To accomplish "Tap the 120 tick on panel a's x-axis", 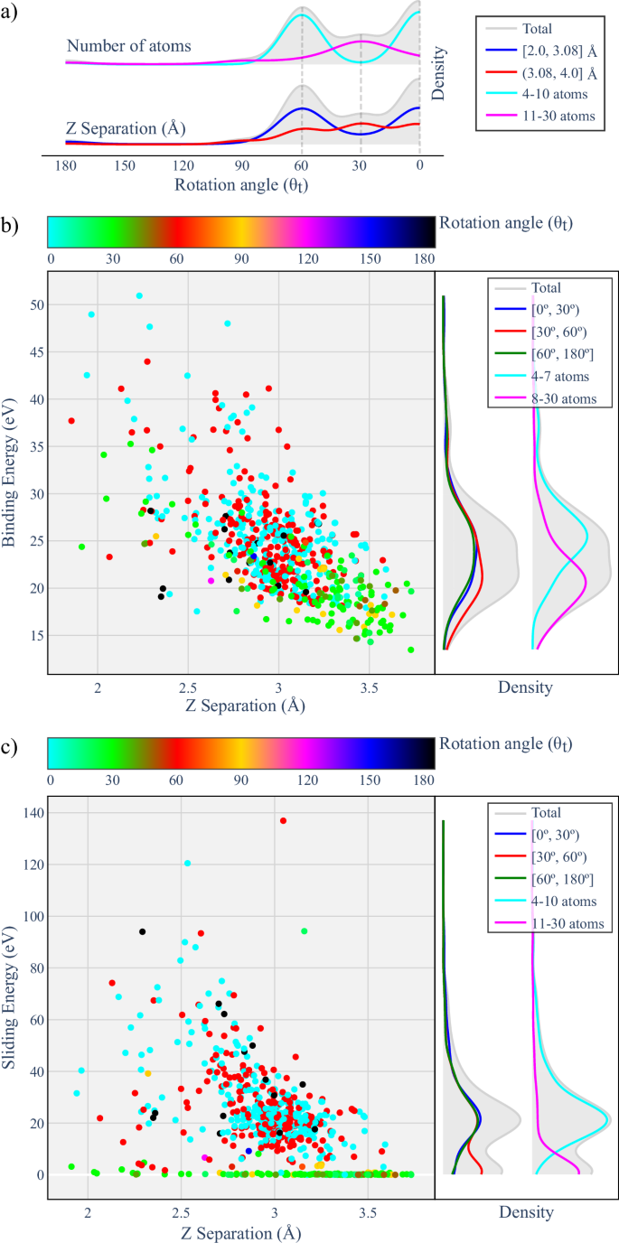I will click(183, 166).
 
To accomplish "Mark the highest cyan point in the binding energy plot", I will click(139, 295).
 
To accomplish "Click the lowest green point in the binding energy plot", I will click(411, 650).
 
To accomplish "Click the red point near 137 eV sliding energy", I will click(283, 820).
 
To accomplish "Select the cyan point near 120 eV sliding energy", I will click(188, 863).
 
